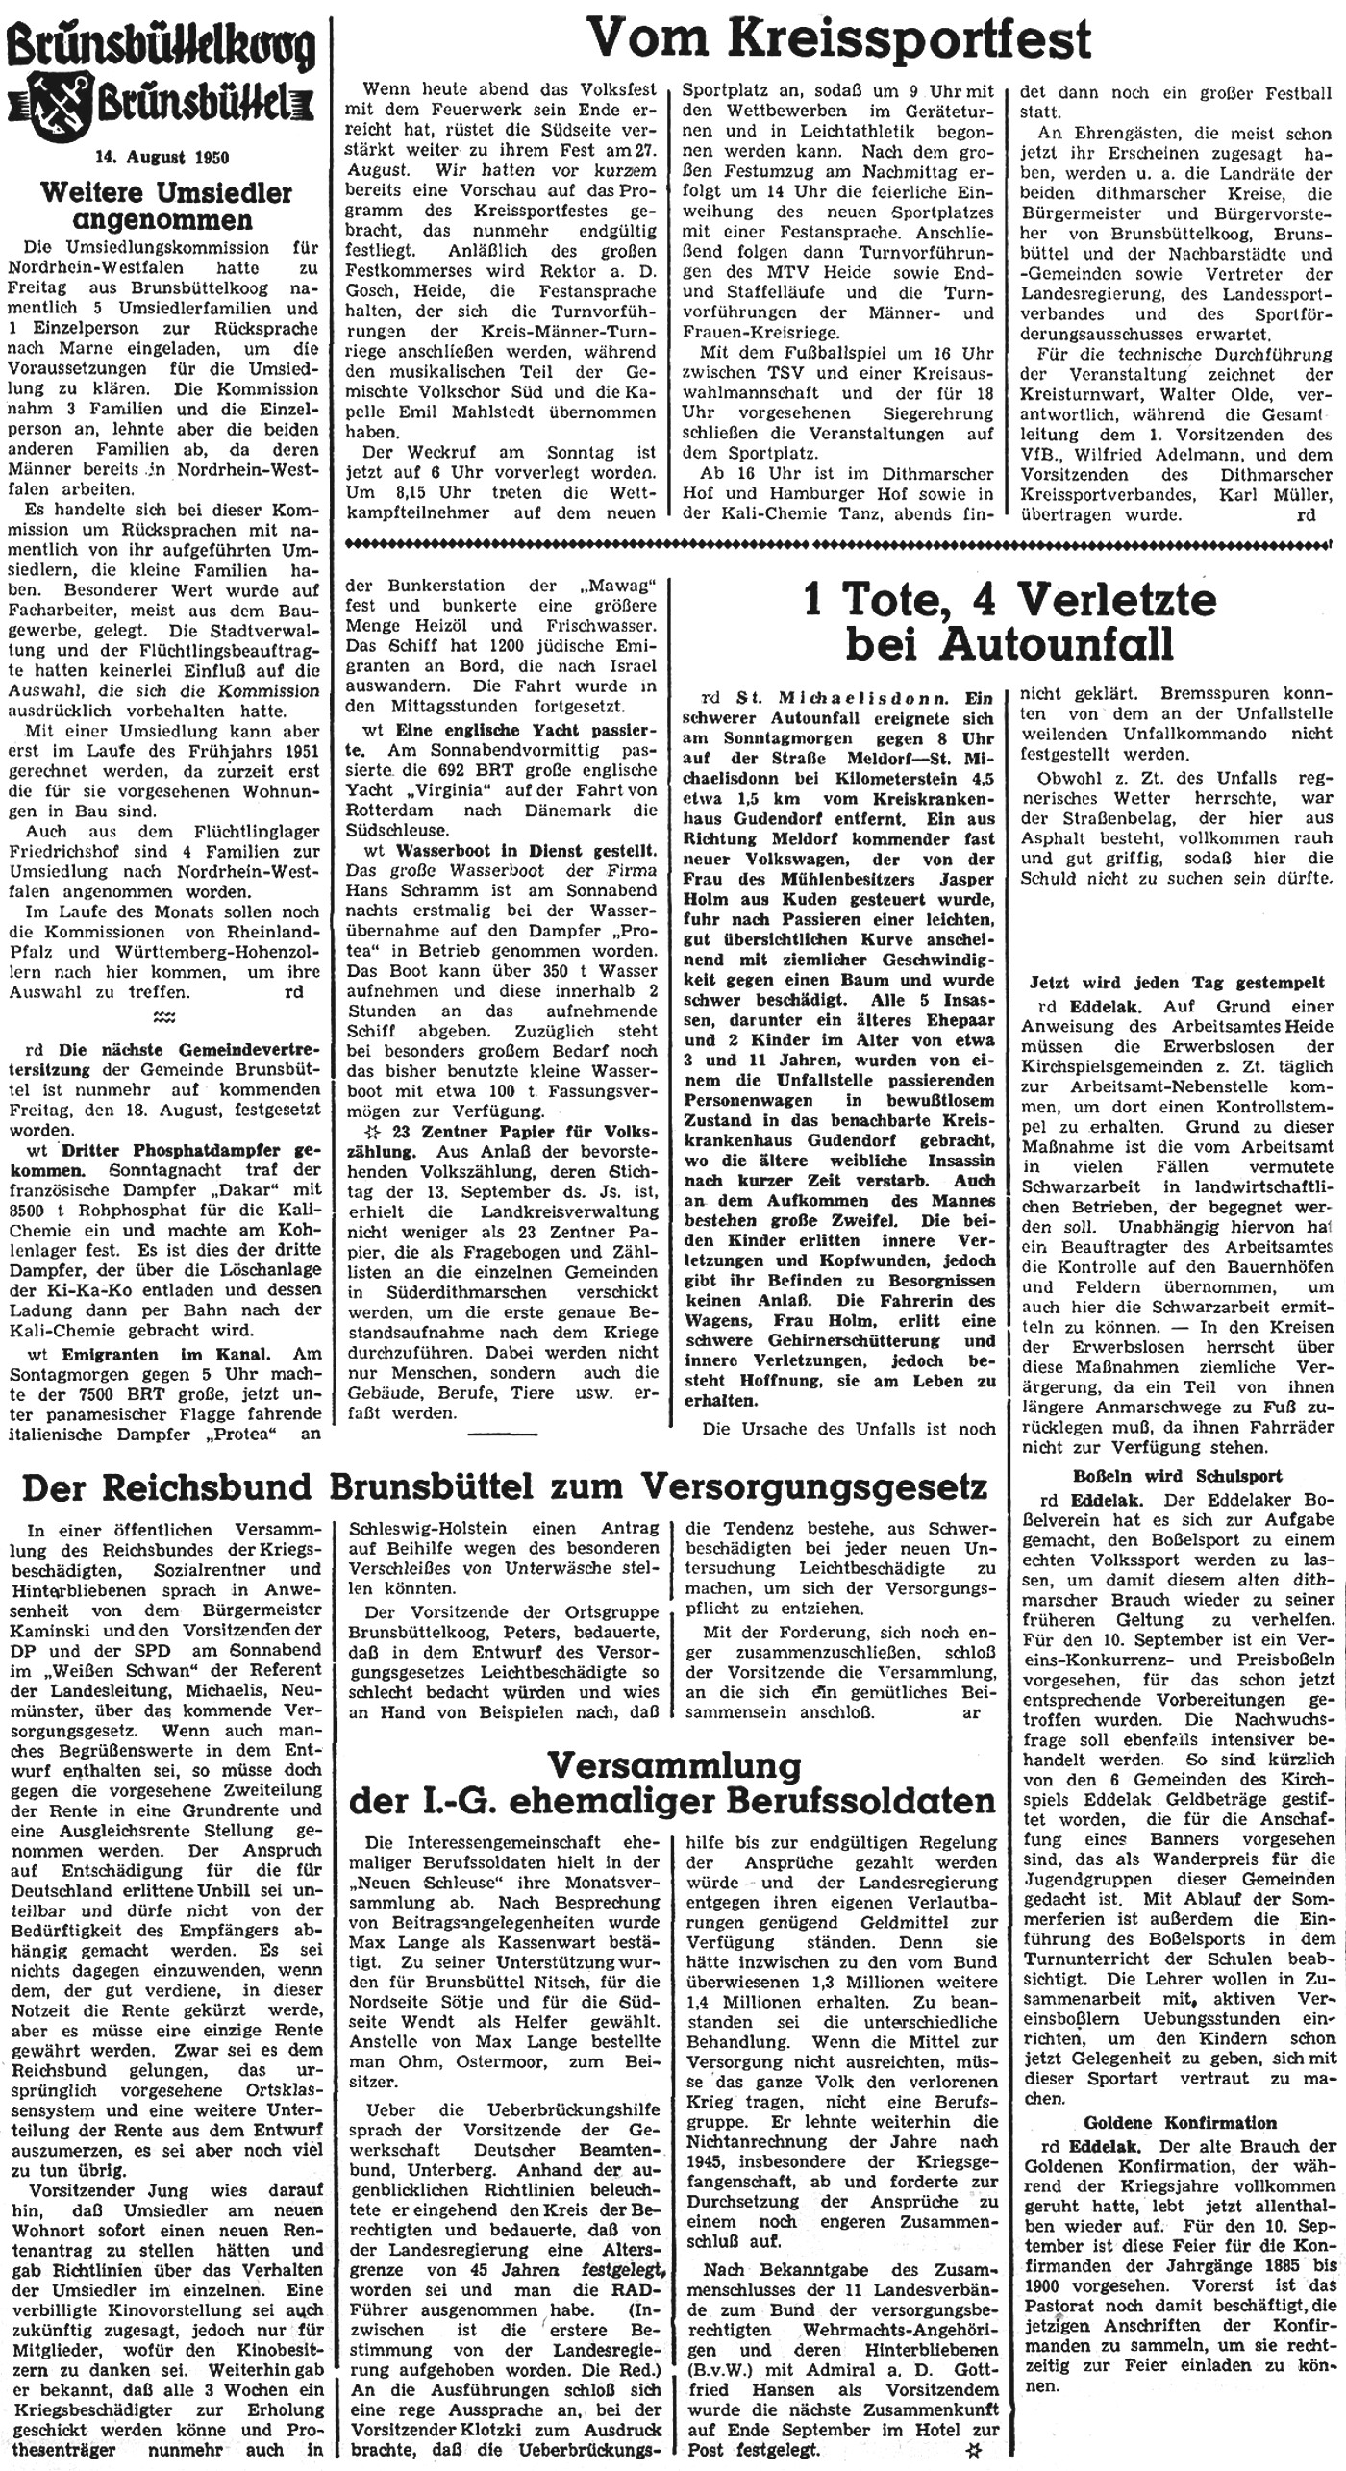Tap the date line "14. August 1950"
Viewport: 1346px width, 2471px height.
(162, 157)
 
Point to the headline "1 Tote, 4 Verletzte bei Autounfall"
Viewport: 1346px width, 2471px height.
(1009, 622)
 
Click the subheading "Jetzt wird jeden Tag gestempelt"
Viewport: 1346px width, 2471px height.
(1177, 985)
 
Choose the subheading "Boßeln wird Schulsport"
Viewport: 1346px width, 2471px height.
(1177, 1476)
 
